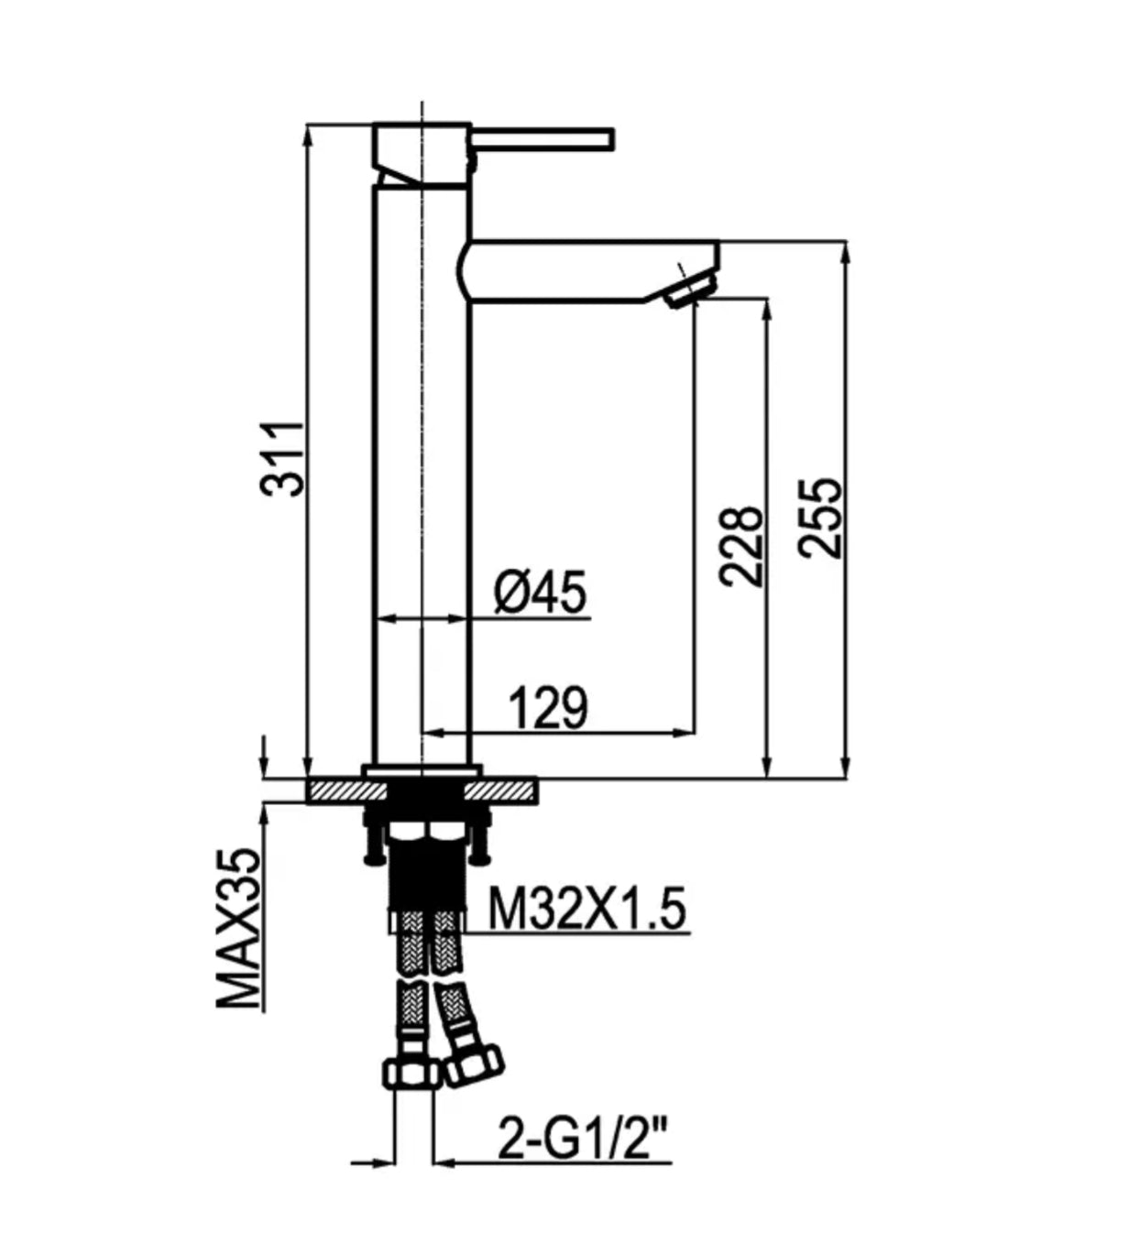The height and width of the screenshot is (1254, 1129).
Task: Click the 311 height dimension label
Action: click(283, 460)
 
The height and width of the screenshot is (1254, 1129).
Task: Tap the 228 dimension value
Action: click(742, 546)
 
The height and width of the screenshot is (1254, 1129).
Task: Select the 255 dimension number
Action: click(820, 518)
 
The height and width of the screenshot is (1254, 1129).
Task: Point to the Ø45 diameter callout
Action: click(541, 592)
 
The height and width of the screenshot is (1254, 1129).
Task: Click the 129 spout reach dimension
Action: click(549, 708)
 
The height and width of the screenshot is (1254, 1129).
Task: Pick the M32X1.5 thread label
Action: click(586, 909)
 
